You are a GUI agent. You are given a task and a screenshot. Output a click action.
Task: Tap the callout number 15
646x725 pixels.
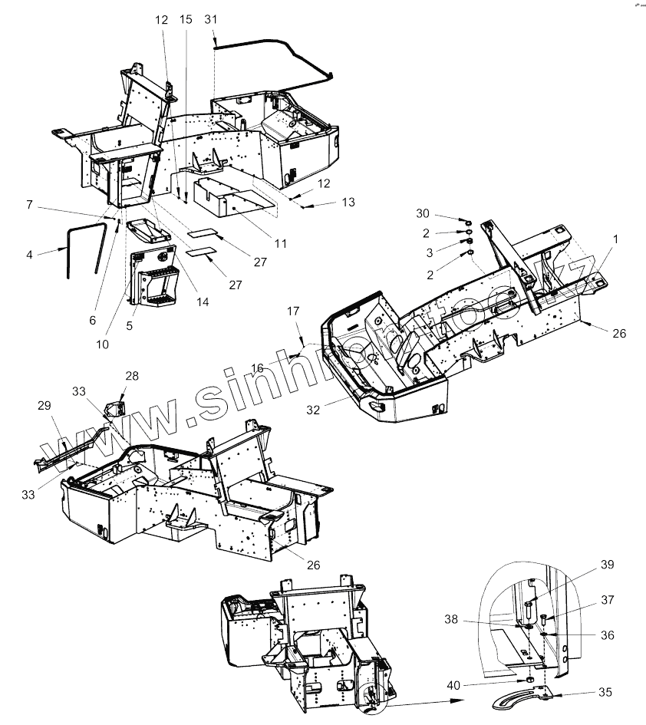point(186,20)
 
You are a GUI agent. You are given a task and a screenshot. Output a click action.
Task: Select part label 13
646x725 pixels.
point(348,203)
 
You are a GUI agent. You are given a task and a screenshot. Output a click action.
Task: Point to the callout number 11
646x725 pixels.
point(279,244)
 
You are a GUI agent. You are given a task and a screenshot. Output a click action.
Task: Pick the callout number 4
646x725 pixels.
point(30,253)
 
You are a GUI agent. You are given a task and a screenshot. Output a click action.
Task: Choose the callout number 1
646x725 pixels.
point(615,239)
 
